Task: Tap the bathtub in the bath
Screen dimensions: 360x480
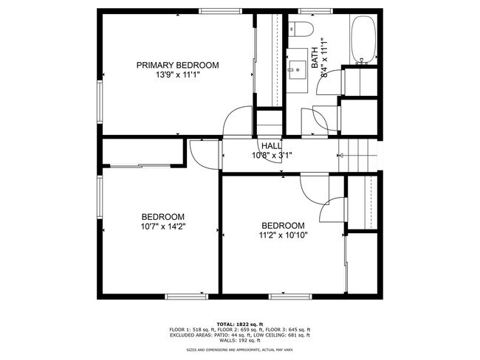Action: tap(364, 40)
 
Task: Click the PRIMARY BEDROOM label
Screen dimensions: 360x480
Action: tap(177, 66)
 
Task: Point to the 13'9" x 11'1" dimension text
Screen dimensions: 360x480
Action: tap(177, 75)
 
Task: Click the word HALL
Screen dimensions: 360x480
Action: tap(271, 146)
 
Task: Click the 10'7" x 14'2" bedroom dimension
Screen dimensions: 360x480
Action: tap(163, 226)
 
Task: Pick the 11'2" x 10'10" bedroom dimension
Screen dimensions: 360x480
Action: tap(283, 235)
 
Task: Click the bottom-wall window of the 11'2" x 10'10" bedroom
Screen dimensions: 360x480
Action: tap(287, 297)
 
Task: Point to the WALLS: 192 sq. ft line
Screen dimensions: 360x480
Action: tap(239, 340)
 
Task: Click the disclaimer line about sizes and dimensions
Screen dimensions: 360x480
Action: tap(239, 350)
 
